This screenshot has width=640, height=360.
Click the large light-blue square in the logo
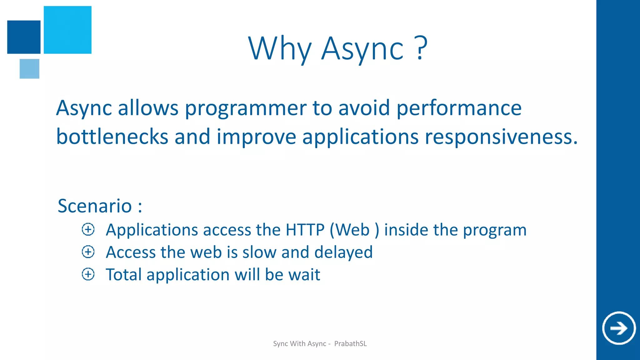pyautogui.click(x=67, y=30)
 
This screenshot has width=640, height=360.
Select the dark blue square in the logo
pyautogui.click(x=24, y=37)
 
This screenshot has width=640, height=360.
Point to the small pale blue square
pyautogui.click(x=29, y=69)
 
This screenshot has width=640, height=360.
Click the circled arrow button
pyautogui.click(x=619, y=328)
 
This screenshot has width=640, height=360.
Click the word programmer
pyautogui.click(x=246, y=108)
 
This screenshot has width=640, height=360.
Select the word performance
pyautogui.click(x=459, y=108)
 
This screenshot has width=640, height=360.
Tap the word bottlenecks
pyautogui.click(x=112, y=137)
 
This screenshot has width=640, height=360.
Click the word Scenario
pyautogui.click(x=95, y=206)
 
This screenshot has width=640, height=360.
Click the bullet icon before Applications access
pyautogui.click(x=88, y=229)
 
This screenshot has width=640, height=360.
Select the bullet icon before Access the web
pyautogui.click(x=88, y=252)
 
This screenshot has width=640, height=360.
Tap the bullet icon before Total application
pyautogui.click(x=88, y=274)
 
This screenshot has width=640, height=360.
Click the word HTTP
pyautogui.click(x=305, y=230)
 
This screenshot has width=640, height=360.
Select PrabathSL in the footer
pyautogui.click(x=350, y=344)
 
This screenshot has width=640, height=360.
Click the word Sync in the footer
pyautogui.click(x=280, y=344)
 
